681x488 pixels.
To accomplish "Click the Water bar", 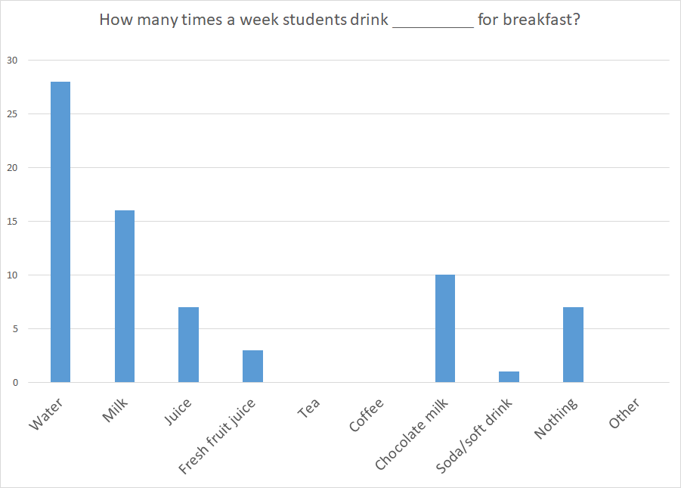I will coord(60,232).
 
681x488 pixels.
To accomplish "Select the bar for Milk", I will coord(125,296).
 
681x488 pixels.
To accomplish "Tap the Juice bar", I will coord(188,344).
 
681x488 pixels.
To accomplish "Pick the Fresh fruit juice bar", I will coord(252,366).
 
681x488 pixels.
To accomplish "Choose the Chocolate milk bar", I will coord(445,328).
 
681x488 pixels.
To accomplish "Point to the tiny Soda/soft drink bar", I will coord(509,377).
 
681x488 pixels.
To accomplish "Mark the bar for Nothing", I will coord(573,344).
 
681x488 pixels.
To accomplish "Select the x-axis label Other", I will coord(624,413).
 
